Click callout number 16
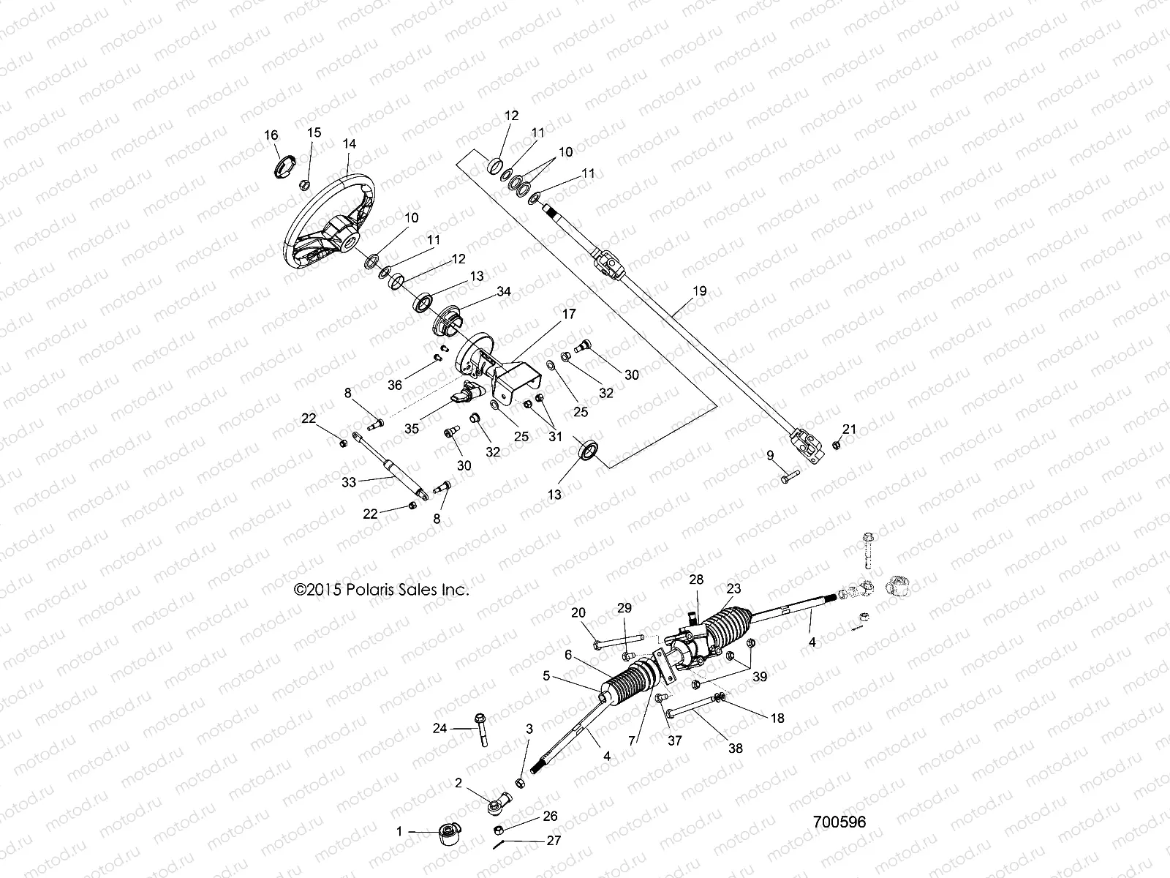point(271,135)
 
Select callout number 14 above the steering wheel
point(349,144)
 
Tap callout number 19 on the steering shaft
point(699,290)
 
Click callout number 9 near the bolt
point(770,455)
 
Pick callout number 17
point(568,314)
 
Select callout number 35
point(412,428)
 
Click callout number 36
point(395,385)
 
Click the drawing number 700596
point(839,822)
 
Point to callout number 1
point(399,831)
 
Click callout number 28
point(695,579)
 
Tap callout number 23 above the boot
point(733,588)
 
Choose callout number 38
point(736,748)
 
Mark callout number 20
point(578,612)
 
